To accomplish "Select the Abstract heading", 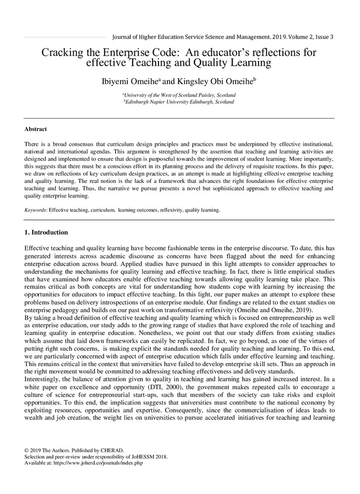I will click(36, 129).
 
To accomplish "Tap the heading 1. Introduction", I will click(46, 232).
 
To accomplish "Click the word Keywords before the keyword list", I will click(36, 210).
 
